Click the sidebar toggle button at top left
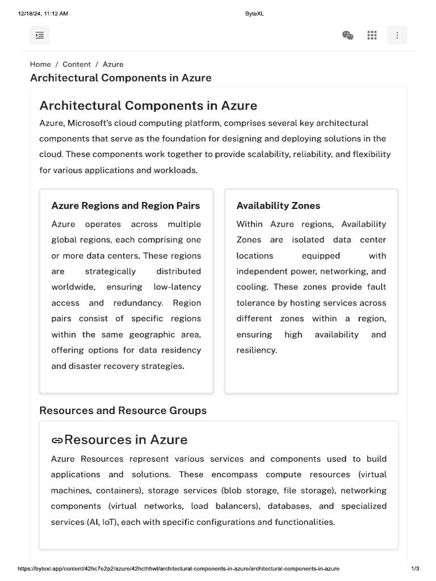coord(40,35)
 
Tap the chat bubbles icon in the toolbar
coord(348,35)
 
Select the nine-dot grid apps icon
coord(372,35)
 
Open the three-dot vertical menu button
coord(397,35)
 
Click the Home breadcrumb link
coord(40,64)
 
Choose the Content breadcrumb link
coord(77,64)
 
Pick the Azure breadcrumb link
coord(113,64)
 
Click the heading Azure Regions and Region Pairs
coord(125,205)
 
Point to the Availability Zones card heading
coord(278,205)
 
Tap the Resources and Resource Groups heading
coord(123,410)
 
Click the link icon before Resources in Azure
coord(57,440)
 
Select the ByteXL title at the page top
coord(254,14)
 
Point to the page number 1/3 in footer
coord(415,569)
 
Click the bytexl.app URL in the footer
coord(178,569)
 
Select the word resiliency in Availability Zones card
coord(257,350)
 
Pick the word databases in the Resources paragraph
coord(289,506)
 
